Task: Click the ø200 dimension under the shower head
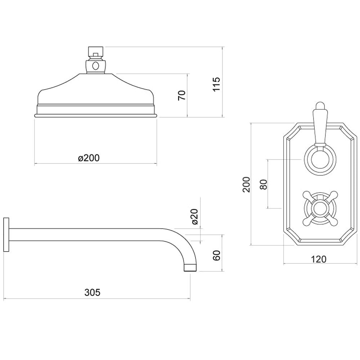89,158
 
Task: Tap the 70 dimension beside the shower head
182,95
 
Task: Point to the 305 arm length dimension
93,292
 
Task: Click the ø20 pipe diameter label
195,217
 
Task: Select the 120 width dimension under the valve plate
319,259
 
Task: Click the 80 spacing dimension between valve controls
263,184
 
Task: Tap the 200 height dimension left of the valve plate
246,184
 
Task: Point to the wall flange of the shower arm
6,234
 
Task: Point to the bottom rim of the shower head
96,115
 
